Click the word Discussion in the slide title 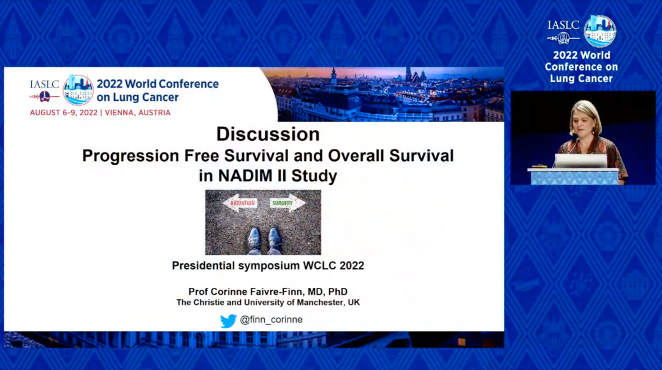(268, 134)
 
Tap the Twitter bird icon (228, 320)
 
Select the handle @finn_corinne (271, 320)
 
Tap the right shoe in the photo (275, 239)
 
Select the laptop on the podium (580, 160)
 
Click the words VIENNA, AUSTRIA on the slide (139, 113)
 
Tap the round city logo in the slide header (78, 89)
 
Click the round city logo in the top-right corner (599, 31)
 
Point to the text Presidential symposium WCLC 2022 (268, 266)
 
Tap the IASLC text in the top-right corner (563, 25)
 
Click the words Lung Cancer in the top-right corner (580, 78)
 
